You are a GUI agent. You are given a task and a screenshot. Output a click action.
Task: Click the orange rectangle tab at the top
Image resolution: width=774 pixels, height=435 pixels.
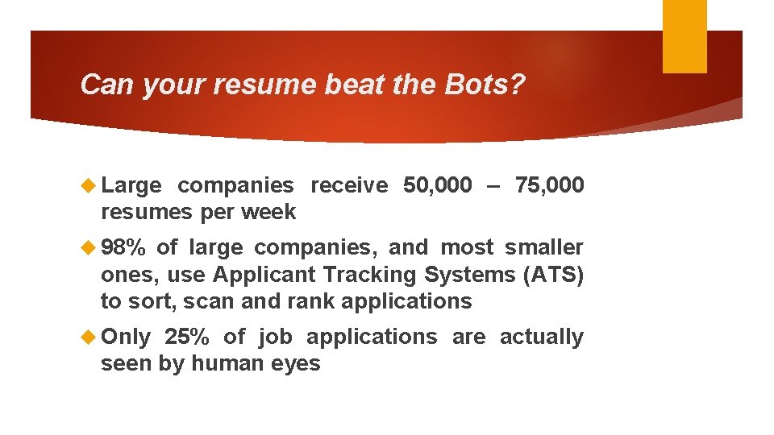(x=685, y=36)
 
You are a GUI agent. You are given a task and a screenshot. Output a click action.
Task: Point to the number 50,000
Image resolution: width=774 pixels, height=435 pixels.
(x=438, y=185)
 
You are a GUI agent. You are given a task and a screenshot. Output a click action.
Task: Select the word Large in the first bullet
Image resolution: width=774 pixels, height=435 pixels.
(x=131, y=185)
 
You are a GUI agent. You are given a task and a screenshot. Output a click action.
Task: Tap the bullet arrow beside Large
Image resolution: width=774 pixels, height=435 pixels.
(x=89, y=185)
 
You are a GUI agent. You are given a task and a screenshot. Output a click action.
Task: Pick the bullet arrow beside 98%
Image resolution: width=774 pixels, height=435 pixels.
(x=89, y=247)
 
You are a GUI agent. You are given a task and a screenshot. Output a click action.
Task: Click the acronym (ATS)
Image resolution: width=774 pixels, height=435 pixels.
(x=553, y=275)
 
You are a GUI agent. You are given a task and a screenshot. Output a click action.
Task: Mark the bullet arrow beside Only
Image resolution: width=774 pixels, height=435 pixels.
(x=89, y=337)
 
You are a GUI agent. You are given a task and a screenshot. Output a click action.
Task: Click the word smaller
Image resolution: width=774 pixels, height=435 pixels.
(x=544, y=247)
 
